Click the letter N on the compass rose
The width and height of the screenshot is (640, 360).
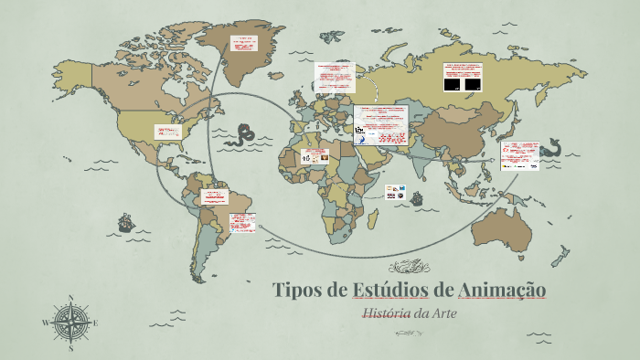coord(71,298)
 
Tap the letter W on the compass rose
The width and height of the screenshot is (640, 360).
coord(46,323)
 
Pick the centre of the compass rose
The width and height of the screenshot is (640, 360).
coord(71,323)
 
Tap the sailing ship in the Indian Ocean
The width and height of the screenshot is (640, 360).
coord(417,196)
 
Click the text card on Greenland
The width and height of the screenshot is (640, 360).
coord(243,45)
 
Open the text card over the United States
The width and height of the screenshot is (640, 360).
coord(168,135)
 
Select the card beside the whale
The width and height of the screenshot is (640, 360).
coord(520,154)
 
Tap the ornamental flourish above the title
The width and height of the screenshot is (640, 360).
coord(410,267)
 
